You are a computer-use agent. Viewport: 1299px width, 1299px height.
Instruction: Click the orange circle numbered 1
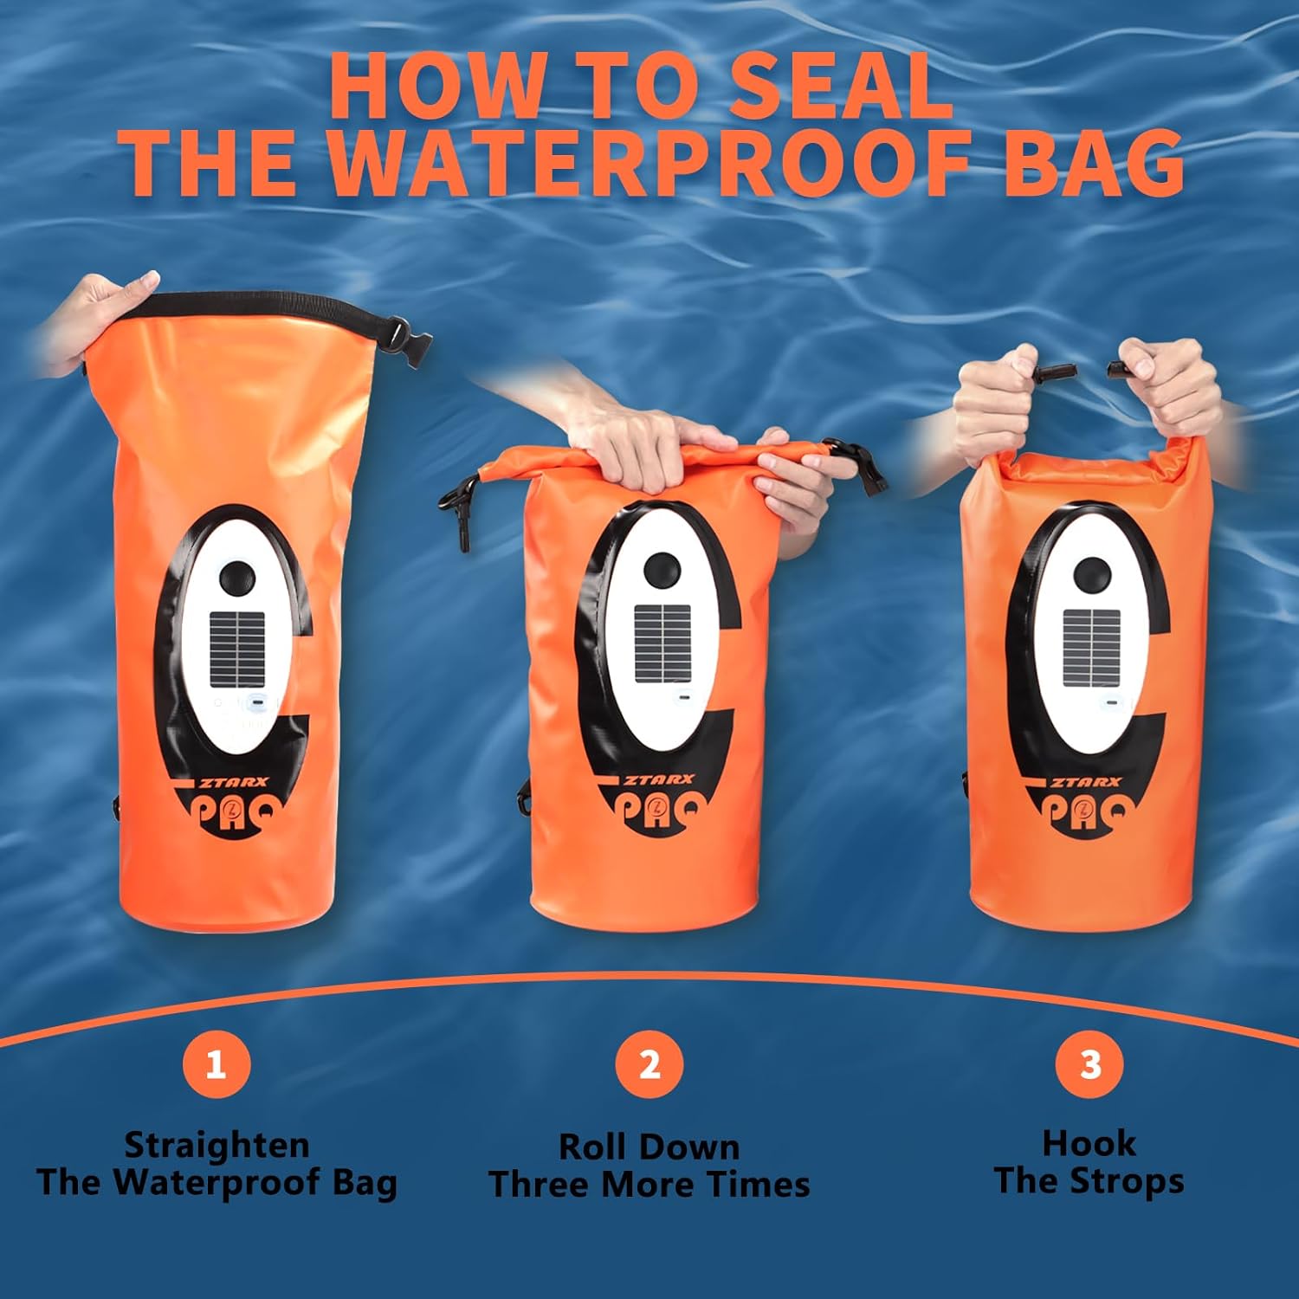click(216, 1063)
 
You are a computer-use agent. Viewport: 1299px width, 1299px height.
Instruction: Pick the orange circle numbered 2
click(649, 1063)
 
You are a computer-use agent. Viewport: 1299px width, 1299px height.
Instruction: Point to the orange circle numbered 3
click(1089, 1063)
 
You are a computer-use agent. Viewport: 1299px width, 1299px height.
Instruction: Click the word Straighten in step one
click(216, 1145)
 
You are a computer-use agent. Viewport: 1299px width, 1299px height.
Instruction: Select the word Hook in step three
click(1089, 1143)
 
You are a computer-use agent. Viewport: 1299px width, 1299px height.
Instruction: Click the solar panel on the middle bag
click(663, 643)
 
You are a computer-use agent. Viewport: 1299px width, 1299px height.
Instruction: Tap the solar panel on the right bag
click(1091, 645)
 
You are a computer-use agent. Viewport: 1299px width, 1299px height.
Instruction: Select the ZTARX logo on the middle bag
click(658, 779)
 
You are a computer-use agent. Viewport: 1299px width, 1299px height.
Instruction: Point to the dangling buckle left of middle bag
click(458, 511)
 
